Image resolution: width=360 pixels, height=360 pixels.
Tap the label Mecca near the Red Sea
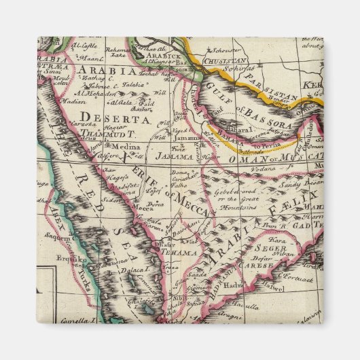coord(142,209)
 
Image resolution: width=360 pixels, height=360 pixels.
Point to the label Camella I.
coord(74,319)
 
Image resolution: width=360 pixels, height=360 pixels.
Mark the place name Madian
coord(71,101)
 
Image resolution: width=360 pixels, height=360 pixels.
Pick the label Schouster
coord(220,50)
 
